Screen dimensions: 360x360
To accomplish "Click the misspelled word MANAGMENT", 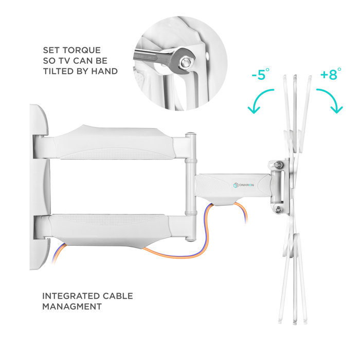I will point(71,307).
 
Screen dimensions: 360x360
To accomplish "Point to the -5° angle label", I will point(261,75).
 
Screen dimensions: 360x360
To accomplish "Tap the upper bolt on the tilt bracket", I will point(279,165).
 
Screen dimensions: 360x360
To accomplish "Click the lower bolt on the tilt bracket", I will point(279,209).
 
